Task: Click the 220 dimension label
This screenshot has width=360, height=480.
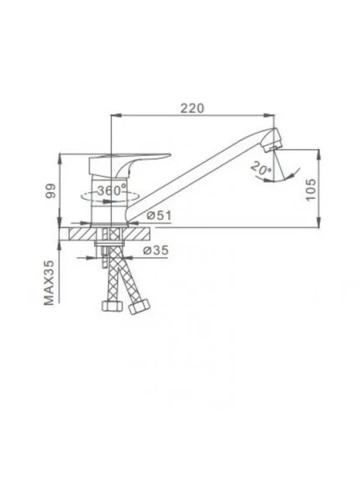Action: point(192,108)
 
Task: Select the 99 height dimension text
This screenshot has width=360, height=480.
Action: point(51,191)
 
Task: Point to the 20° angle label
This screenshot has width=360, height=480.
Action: point(261,169)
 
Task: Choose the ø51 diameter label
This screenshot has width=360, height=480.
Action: point(159,215)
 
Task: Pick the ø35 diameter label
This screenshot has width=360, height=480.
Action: point(156,250)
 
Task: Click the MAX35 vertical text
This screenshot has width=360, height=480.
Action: point(49,283)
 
